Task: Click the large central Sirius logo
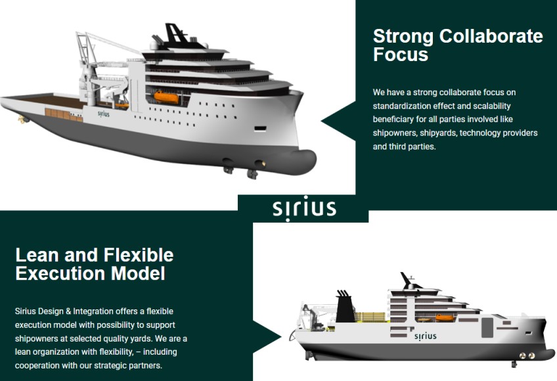304,209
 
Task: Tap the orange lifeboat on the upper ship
166,97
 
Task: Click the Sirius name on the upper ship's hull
103,114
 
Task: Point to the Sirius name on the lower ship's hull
425,336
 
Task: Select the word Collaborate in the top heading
491,36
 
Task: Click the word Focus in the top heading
401,55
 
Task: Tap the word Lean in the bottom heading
37,255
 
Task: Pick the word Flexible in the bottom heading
139,255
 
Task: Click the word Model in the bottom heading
138,274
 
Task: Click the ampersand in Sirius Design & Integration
68,311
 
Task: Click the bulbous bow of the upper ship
302,162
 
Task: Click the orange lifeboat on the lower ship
445,317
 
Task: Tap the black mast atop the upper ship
174,35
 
